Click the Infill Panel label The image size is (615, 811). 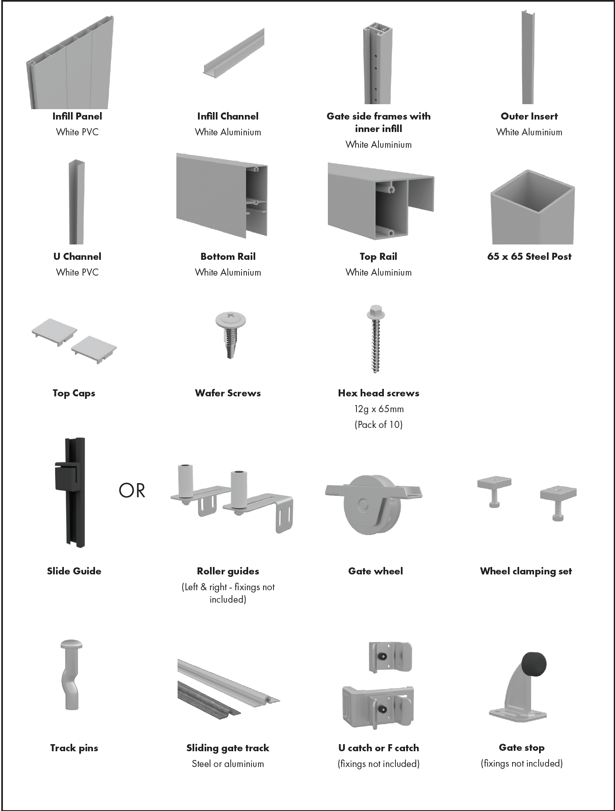[x=77, y=116]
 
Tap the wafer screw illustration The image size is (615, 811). [x=230, y=335]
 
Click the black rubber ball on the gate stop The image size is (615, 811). [x=534, y=664]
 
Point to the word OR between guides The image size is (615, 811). [x=132, y=491]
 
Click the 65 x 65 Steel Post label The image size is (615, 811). [x=529, y=256]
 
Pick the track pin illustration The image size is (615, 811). [x=71, y=674]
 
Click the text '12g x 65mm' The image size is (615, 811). [x=378, y=409]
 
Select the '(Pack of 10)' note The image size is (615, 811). [x=378, y=425]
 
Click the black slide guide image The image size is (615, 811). [x=71, y=492]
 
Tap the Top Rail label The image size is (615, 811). [x=378, y=256]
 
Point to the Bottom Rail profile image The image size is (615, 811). [x=222, y=195]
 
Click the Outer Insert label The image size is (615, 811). [x=529, y=116]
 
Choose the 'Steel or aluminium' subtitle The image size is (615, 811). [x=228, y=764]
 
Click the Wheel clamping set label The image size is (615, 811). [x=526, y=572]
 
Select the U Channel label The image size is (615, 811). [x=77, y=256]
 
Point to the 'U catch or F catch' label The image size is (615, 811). [x=378, y=748]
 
